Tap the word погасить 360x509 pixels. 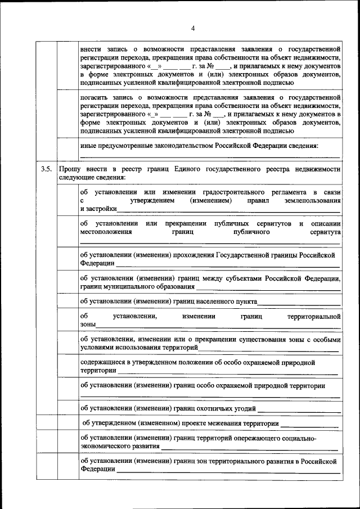[x=94, y=97]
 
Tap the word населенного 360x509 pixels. [x=213, y=301]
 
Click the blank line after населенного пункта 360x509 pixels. [x=298, y=303]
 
